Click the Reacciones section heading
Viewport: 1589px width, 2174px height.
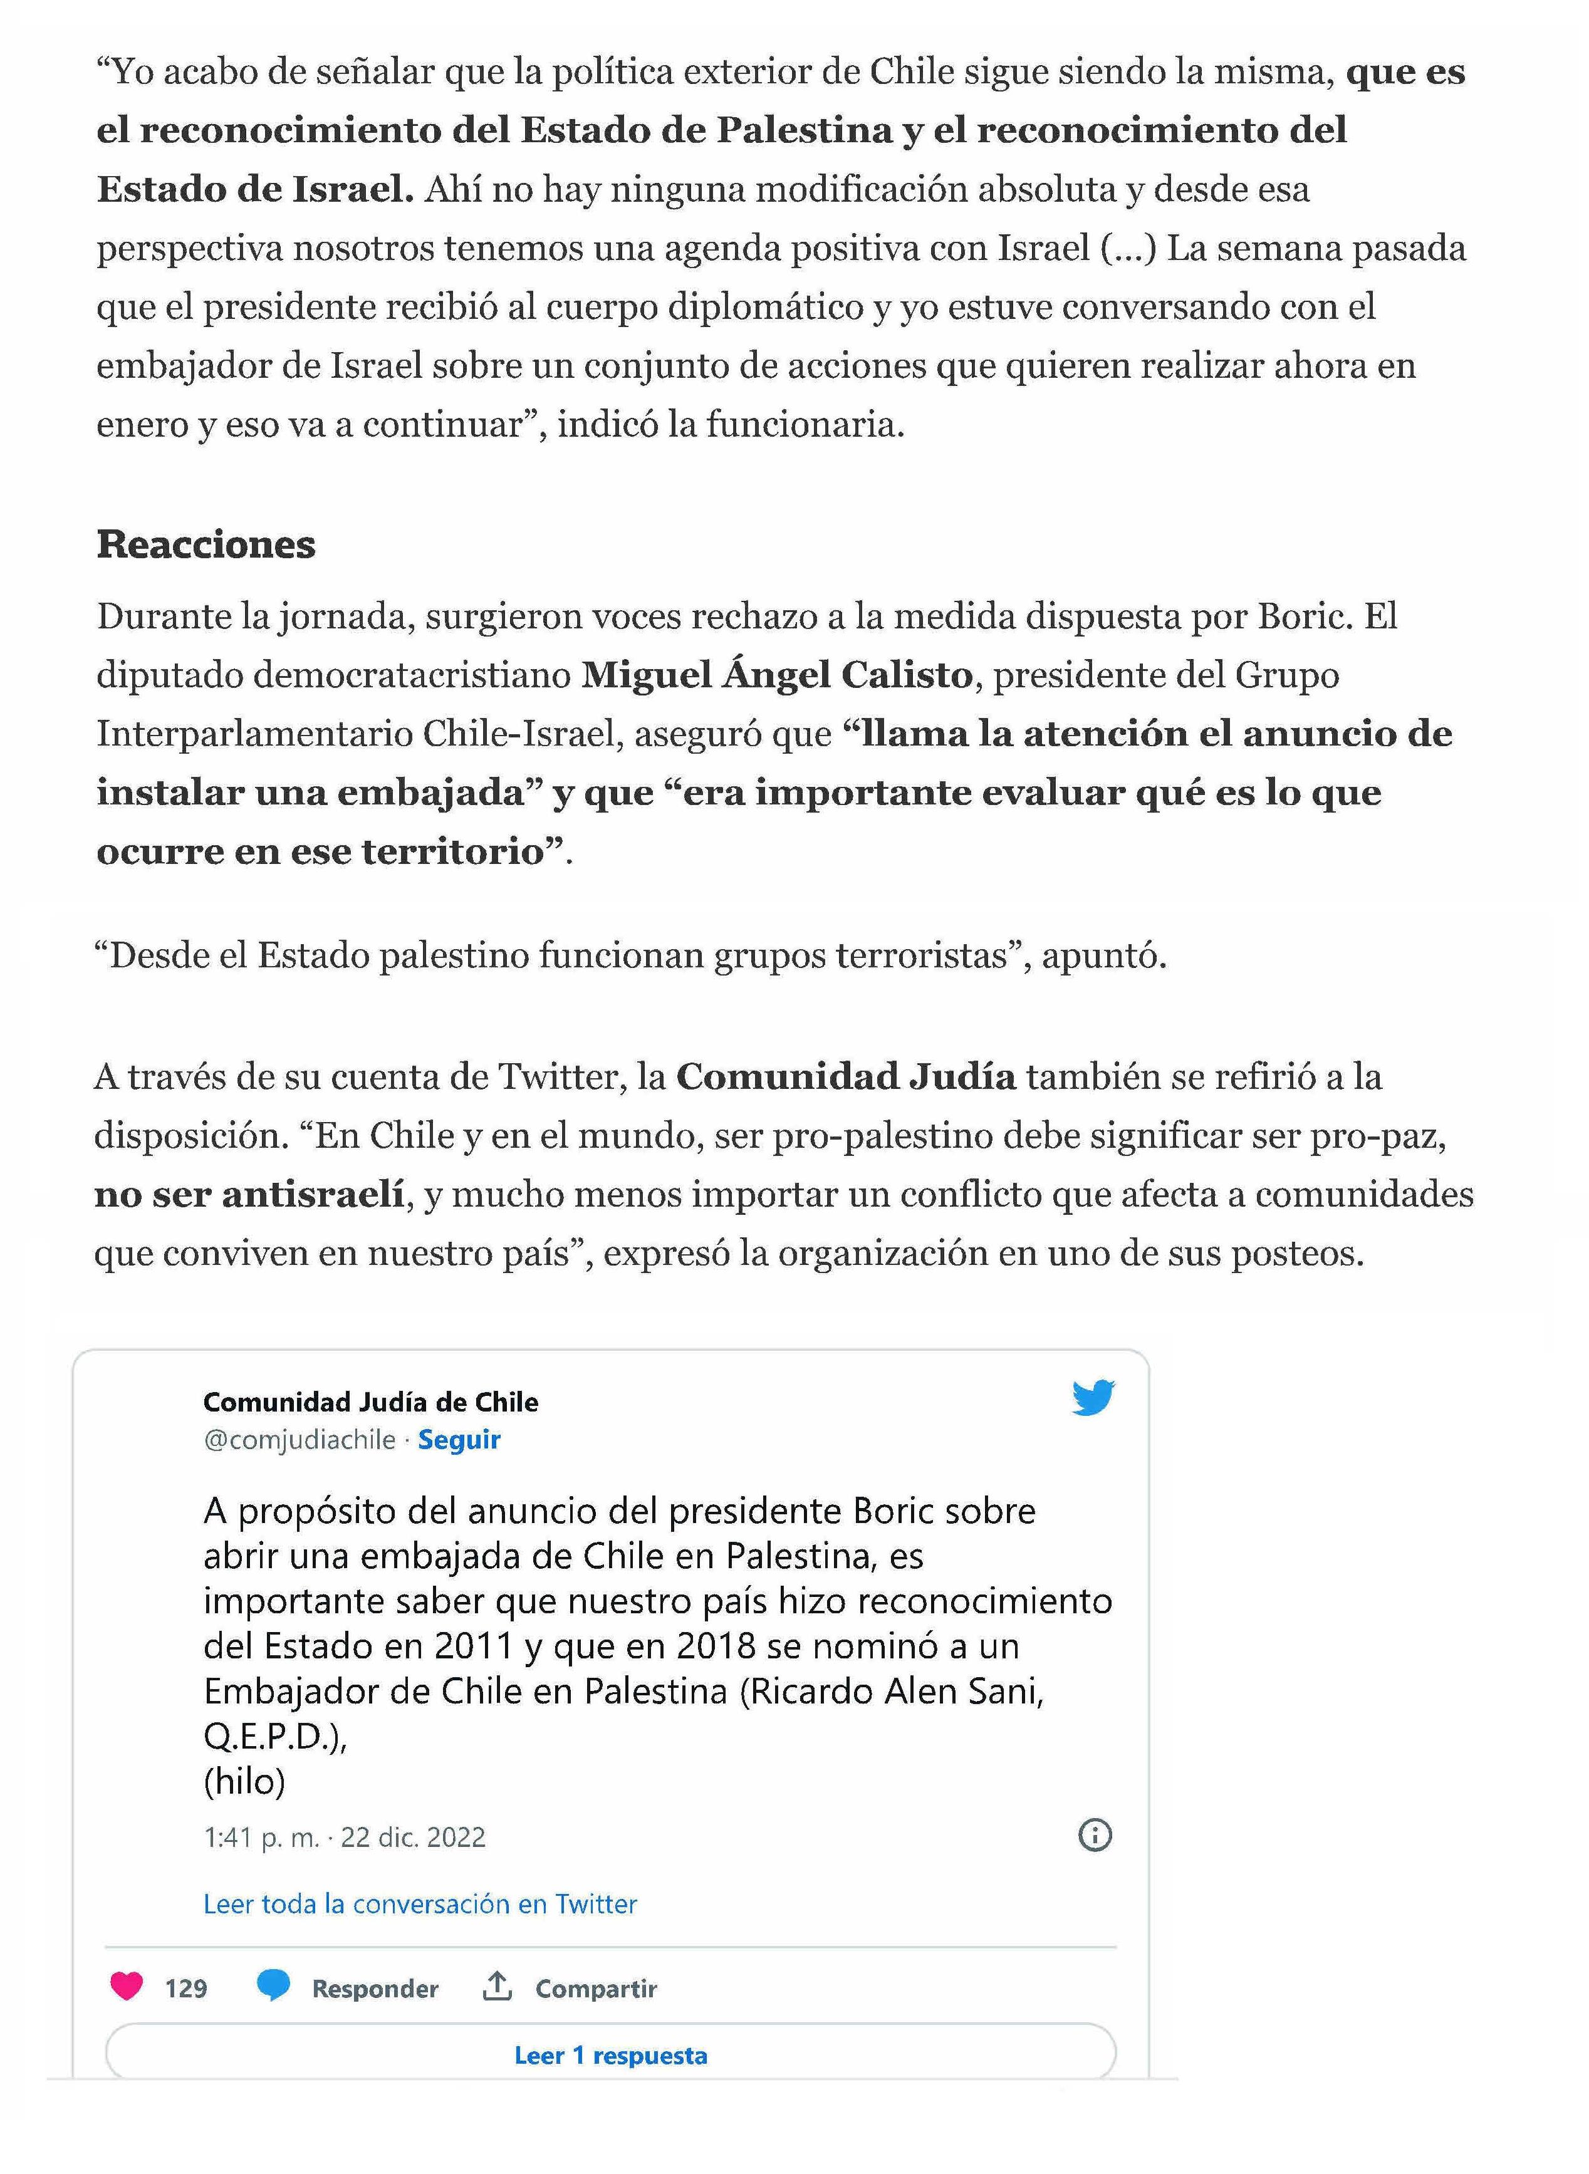(x=206, y=544)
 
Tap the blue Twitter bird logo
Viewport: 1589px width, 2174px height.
(x=1093, y=1397)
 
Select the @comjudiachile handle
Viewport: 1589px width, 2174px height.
(x=299, y=1439)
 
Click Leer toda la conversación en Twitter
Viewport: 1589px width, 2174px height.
(x=419, y=1904)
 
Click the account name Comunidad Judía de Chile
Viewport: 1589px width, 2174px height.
(x=370, y=1402)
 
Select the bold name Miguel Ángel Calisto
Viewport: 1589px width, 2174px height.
(x=776, y=675)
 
